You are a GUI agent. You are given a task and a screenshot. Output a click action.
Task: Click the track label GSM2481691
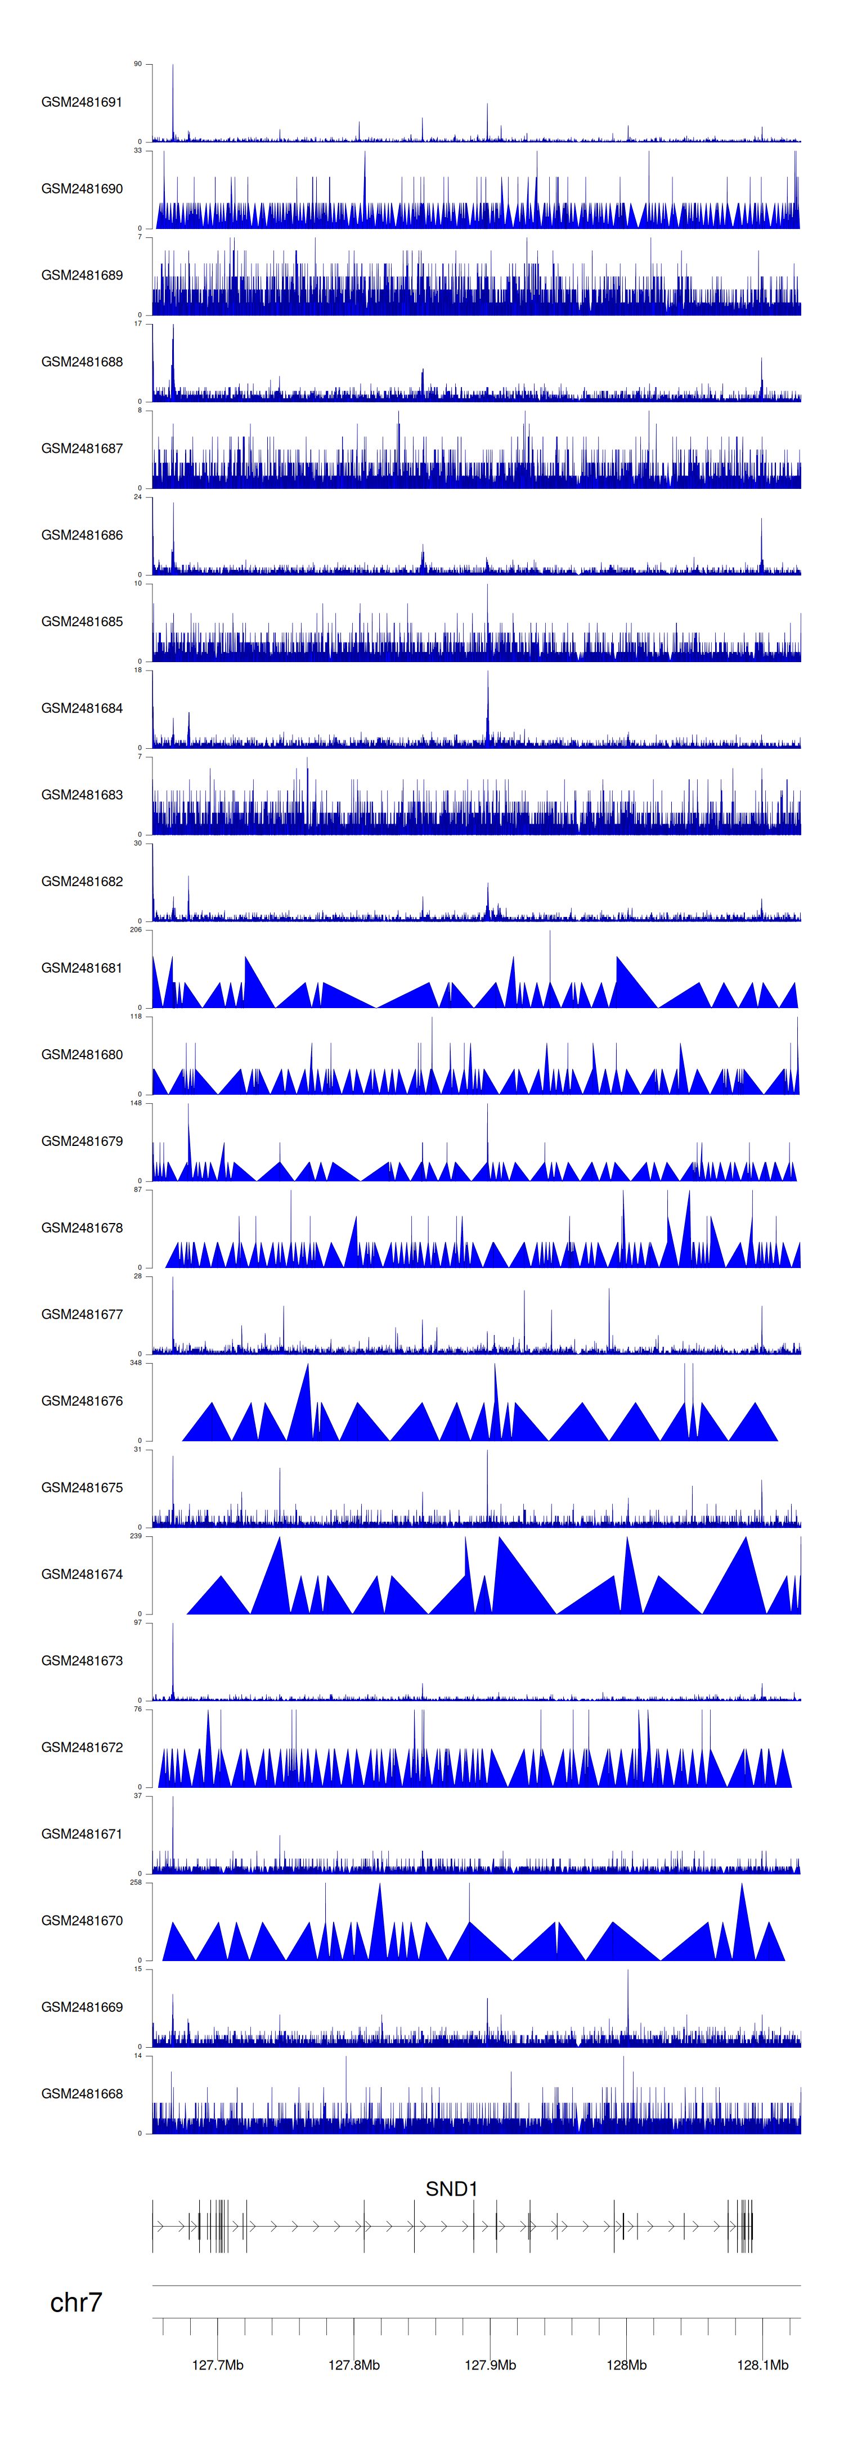click(x=82, y=102)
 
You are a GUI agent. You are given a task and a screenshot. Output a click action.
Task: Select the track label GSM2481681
click(x=82, y=968)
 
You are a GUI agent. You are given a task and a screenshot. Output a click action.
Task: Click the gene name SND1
click(x=451, y=2188)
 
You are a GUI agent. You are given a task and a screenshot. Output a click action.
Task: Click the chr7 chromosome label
click(x=75, y=2303)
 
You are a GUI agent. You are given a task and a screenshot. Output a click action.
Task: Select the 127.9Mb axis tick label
click(x=490, y=2364)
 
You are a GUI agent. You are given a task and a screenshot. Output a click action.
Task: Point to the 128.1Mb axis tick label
click(x=762, y=2364)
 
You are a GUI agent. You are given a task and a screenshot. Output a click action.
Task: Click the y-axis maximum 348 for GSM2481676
click(x=136, y=1362)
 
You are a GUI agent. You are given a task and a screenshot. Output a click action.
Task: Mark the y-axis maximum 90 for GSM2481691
click(x=138, y=64)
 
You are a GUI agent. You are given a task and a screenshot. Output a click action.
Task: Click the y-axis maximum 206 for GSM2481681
click(x=136, y=930)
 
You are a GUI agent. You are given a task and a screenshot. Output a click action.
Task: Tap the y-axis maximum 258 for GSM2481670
click(x=136, y=1882)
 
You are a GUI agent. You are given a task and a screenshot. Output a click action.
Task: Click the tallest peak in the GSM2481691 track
click(x=173, y=67)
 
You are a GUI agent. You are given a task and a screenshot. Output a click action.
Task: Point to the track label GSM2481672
click(x=82, y=1747)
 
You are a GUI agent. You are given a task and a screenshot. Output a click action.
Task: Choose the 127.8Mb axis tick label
click(x=354, y=2364)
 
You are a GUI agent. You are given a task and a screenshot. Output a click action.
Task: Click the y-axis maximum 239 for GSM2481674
click(x=136, y=1536)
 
